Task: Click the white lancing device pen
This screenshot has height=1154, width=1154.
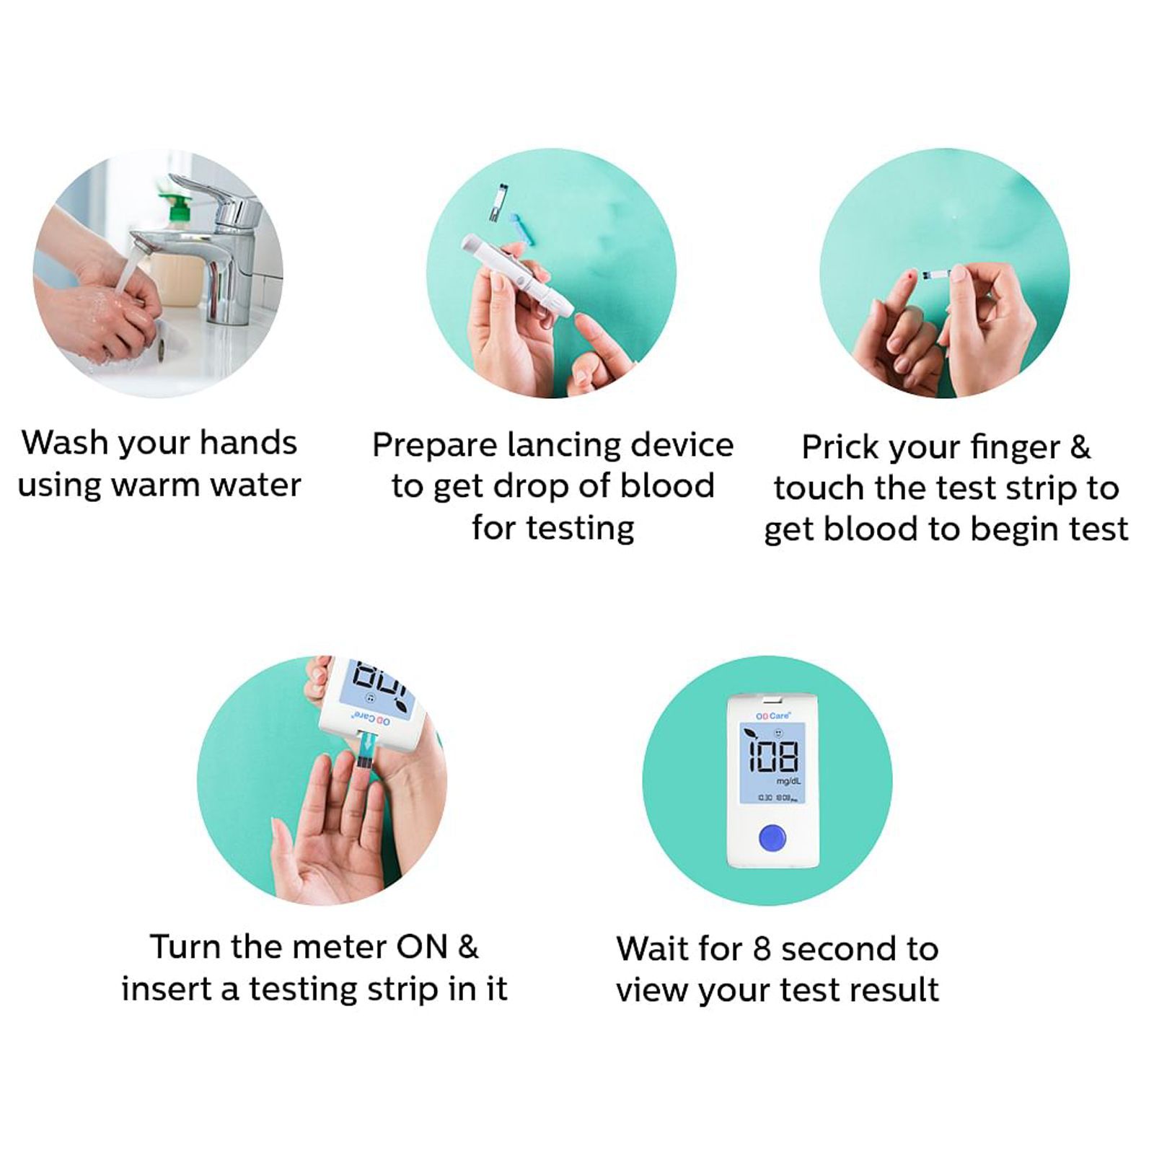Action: [x=516, y=277]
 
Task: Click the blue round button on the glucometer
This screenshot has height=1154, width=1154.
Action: [x=772, y=839]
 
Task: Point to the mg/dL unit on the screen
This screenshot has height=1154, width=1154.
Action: [x=788, y=781]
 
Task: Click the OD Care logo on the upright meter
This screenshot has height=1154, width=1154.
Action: [x=772, y=715]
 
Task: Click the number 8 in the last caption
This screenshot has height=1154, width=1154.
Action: [x=762, y=949]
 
